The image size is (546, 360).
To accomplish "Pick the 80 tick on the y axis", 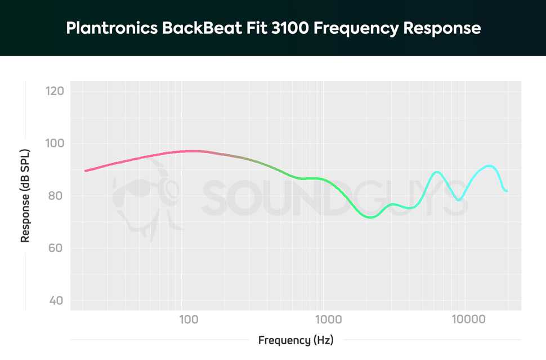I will click(56, 196).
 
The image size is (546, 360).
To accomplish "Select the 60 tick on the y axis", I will click(56, 248).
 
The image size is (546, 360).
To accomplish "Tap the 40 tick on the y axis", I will click(56, 300).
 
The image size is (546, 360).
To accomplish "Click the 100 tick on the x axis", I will click(189, 320).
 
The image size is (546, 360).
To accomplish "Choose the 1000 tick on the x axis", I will click(328, 320).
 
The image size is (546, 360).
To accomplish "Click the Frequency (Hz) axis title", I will click(296, 340).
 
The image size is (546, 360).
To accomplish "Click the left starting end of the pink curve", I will click(85, 170).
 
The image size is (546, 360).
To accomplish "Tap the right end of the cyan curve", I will click(507, 191).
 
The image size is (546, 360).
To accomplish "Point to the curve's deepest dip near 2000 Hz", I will click(370, 217).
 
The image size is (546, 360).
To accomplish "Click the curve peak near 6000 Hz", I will click(437, 172).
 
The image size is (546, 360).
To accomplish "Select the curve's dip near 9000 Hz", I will click(459, 200).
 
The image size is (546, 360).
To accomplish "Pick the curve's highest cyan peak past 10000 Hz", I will click(489, 165).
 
